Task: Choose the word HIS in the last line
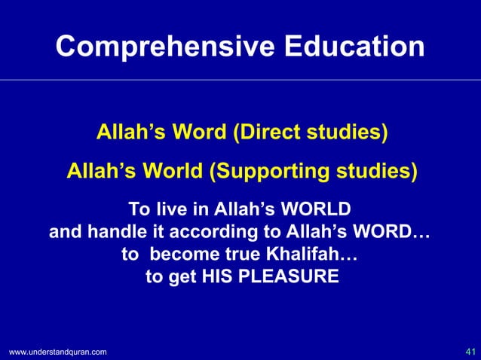219,277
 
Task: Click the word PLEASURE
288,277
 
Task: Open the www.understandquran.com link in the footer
57,352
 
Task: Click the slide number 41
470,352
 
